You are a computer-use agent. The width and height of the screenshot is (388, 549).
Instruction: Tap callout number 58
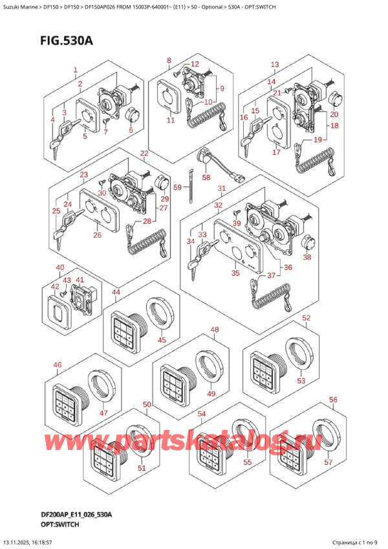(x=206, y=177)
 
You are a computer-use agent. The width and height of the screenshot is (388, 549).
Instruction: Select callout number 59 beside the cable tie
(x=178, y=187)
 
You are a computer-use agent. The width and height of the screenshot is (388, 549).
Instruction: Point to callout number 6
(x=131, y=130)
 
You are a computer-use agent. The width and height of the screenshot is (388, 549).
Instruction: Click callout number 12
(x=195, y=63)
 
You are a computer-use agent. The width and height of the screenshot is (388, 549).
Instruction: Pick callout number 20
(x=334, y=114)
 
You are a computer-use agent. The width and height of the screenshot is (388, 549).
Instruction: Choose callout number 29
(x=165, y=199)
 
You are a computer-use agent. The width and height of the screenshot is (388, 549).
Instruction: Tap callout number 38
(x=307, y=258)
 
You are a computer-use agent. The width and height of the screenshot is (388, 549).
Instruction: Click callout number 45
(x=162, y=340)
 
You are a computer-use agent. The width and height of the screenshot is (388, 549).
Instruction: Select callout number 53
(x=301, y=381)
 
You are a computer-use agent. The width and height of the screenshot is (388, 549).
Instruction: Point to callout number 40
(x=60, y=267)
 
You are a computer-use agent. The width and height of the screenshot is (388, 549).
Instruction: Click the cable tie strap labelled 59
(x=191, y=186)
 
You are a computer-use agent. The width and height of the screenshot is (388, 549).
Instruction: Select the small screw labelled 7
(x=106, y=120)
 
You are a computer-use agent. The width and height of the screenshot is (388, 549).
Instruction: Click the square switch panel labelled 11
(x=169, y=96)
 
